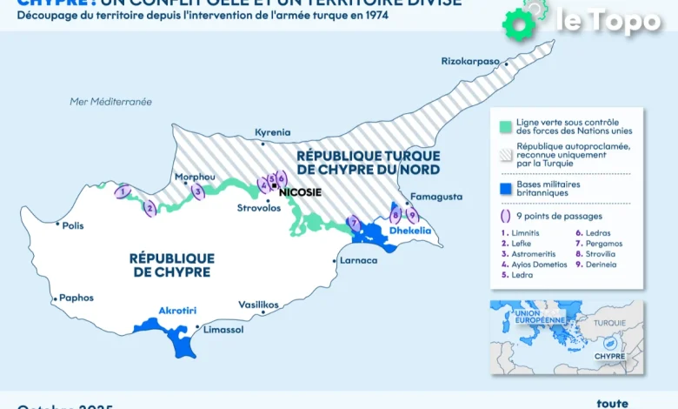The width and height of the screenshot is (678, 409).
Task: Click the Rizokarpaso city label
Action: pyautogui.click(x=470, y=62)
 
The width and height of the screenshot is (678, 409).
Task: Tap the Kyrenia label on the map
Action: pyautogui.click(x=272, y=133)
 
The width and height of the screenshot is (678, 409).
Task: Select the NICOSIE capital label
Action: pyautogui.click(x=300, y=191)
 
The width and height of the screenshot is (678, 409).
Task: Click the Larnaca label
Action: pyautogui.click(x=359, y=260)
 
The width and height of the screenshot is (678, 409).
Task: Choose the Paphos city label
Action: pyautogui.click(x=76, y=298)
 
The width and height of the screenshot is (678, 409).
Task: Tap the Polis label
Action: pyautogui.click(x=73, y=225)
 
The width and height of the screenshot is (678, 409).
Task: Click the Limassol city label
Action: pyautogui.click(x=223, y=330)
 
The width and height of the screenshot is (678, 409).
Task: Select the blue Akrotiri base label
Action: pyautogui.click(x=177, y=310)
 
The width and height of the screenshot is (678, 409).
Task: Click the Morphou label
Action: pyautogui.click(x=195, y=177)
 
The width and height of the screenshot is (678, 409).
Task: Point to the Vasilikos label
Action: pyautogui.click(x=258, y=305)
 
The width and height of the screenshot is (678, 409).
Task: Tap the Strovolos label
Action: pyautogui.click(x=258, y=208)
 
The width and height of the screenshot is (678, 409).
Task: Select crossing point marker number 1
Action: pyautogui.click(x=123, y=191)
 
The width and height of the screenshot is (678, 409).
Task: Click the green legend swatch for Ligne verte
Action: pyautogui.click(x=502, y=125)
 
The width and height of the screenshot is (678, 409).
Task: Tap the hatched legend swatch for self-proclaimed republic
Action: pyautogui.click(x=502, y=154)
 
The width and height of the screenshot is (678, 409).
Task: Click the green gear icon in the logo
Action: pyautogui.click(x=519, y=24)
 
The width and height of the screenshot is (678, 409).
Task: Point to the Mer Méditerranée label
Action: pyautogui.click(x=110, y=102)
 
